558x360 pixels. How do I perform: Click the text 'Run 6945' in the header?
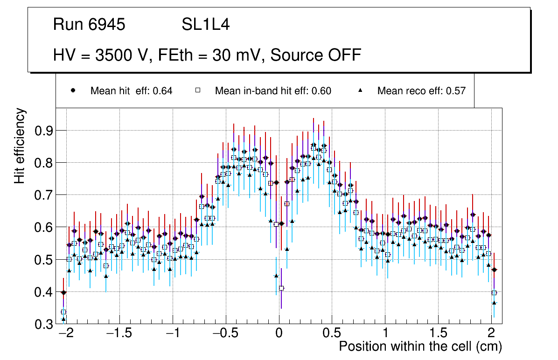click(x=89, y=25)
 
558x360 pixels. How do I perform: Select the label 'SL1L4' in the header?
click(x=206, y=25)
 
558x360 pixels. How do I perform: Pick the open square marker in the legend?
click(x=197, y=91)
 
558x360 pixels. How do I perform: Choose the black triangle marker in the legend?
click(x=360, y=91)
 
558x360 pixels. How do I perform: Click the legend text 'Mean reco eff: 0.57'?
click(x=421, y=91)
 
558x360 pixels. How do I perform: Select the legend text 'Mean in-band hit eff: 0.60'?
click(x=273, y=91)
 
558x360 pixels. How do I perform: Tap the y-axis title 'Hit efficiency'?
click(x=20, y=146)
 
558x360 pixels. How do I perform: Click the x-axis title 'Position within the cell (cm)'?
click(x=420, y=347)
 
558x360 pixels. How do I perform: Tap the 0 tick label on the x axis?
click(x=279, y=334)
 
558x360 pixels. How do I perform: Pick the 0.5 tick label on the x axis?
click(x=332, y=334)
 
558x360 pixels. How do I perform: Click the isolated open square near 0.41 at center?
click(x=281, y=288)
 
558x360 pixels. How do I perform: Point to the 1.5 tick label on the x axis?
click(x=438, y=334)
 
